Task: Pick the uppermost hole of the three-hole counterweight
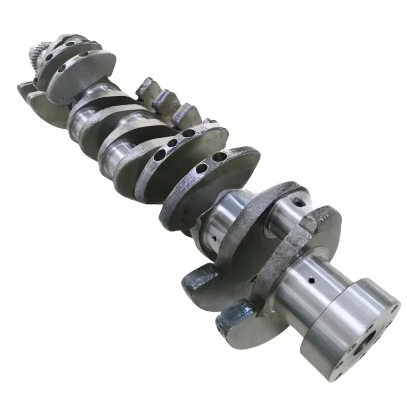pyautogui.click(x=189, y=134)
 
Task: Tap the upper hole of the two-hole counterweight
pyautogui.click(x=219, y=157)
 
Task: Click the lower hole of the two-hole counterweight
pyautogui.click(x=202, y=168)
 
